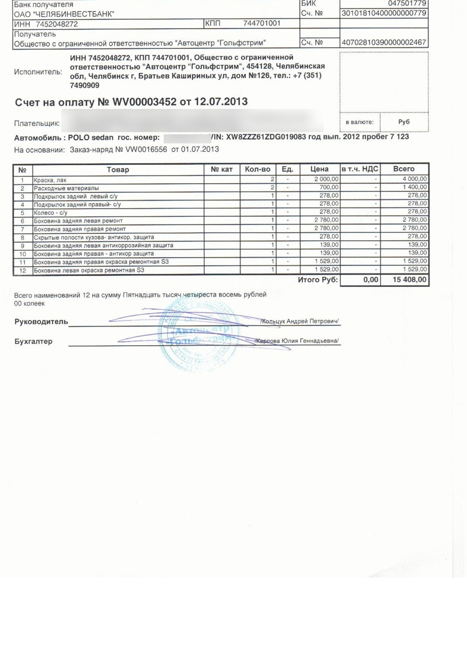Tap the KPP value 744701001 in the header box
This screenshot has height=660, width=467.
click(x=262, y=23)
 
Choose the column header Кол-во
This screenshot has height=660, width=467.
click(x=257, y=169)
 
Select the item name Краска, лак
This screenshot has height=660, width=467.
click(x=50, y=180)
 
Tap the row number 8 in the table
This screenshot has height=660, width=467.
click(x=22, y=237)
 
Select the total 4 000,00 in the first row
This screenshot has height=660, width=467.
click(x=416, y=180)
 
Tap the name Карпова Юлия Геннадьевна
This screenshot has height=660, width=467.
click(x=298, y=341)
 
